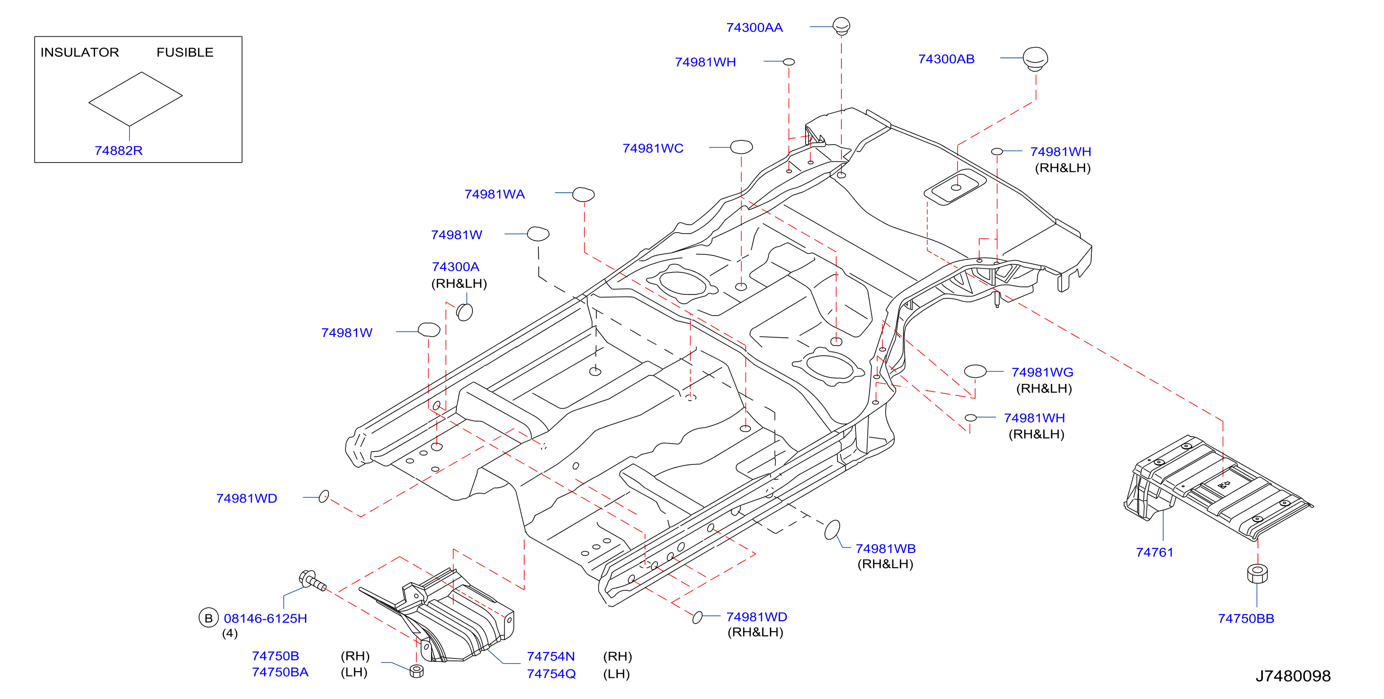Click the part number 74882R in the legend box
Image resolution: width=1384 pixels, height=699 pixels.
click(x=118, y=151)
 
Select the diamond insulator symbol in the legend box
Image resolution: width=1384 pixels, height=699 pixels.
click(x=136, y=99)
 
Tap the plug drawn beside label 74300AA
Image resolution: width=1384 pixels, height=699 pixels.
click(x=841, y=26)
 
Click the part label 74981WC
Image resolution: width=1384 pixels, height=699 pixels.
click(x=653, y=148)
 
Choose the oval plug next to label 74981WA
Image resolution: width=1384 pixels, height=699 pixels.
click(x=584, y=194)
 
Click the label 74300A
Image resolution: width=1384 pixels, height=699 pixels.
click(x=456, y=267)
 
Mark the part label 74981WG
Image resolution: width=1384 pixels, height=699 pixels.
click(x=1042, y=372)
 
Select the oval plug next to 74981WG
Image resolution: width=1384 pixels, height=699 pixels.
click(x=975, y=371)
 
